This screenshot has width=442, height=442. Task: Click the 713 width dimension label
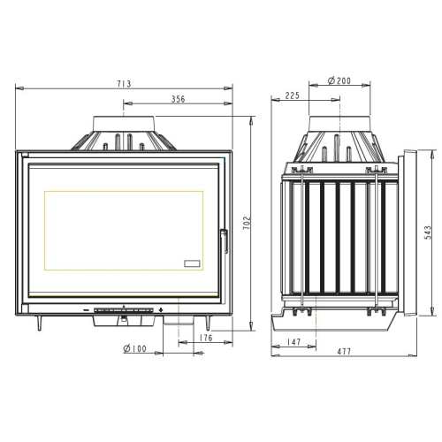click(124, 84)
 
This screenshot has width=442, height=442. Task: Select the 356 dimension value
click(179, 99)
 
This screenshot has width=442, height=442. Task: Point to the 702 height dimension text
click(247, 223)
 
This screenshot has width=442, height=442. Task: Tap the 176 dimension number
click(206, 338)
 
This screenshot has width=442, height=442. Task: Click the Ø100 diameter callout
click(134, 348)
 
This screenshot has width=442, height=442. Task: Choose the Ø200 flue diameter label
click(339, 80)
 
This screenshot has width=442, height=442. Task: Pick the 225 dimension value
click(292, 95)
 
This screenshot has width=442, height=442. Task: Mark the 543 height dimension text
click(428, 232)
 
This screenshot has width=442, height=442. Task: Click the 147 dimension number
click(293, 342)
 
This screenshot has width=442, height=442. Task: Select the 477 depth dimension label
click(344, 351)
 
